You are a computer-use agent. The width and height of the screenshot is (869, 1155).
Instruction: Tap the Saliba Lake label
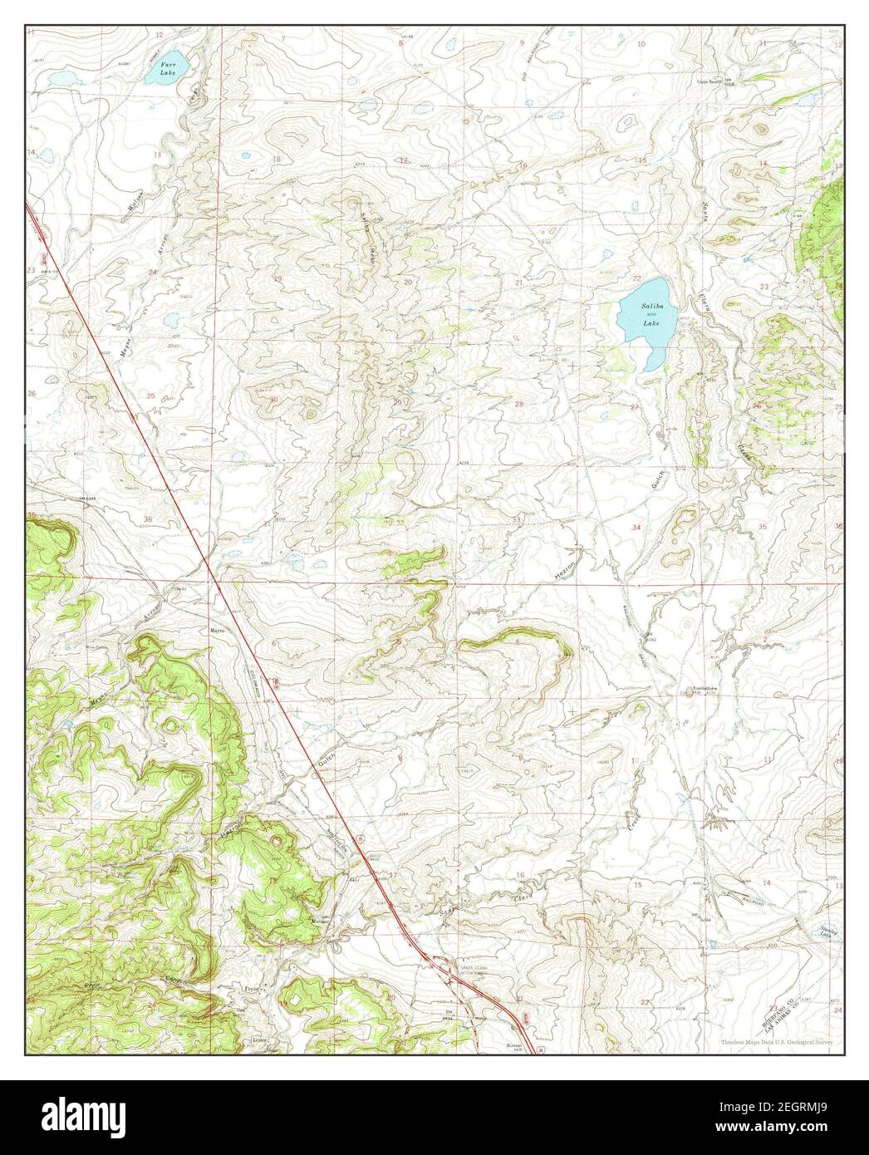click(x=651, y=315)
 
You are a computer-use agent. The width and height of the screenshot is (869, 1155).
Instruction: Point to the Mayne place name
click(x=218, y=630)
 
